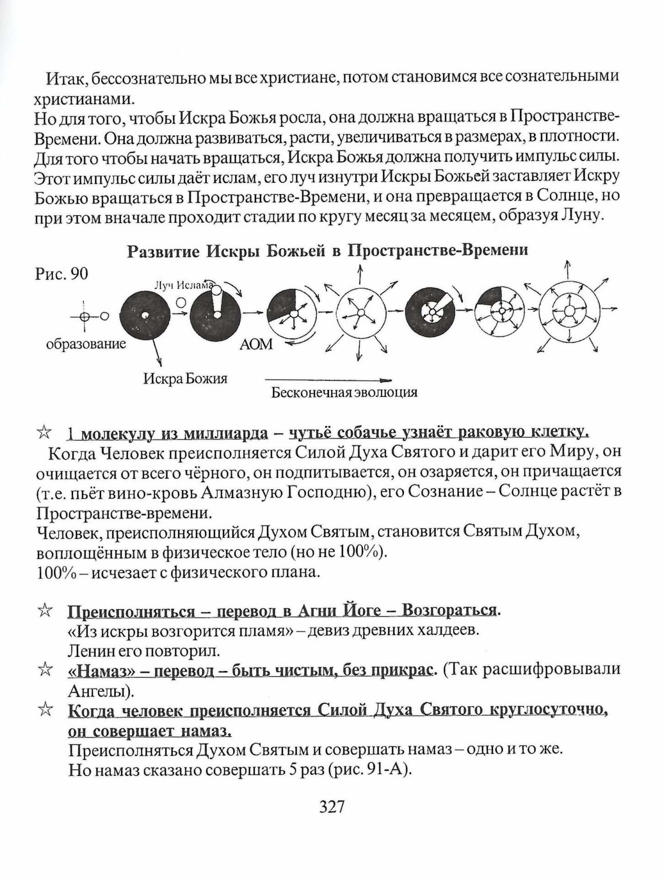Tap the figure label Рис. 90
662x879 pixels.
pos(61,274)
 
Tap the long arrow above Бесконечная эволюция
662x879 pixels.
pos(328,380)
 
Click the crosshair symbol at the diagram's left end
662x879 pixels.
pos(84,316)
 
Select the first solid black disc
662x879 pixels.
pos(145,315)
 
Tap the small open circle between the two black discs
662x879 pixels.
pos(182,303)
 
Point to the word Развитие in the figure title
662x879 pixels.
pos(163,251)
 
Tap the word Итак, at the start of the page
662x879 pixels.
pos(66,79)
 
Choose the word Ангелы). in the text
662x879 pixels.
pos(100,690)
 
